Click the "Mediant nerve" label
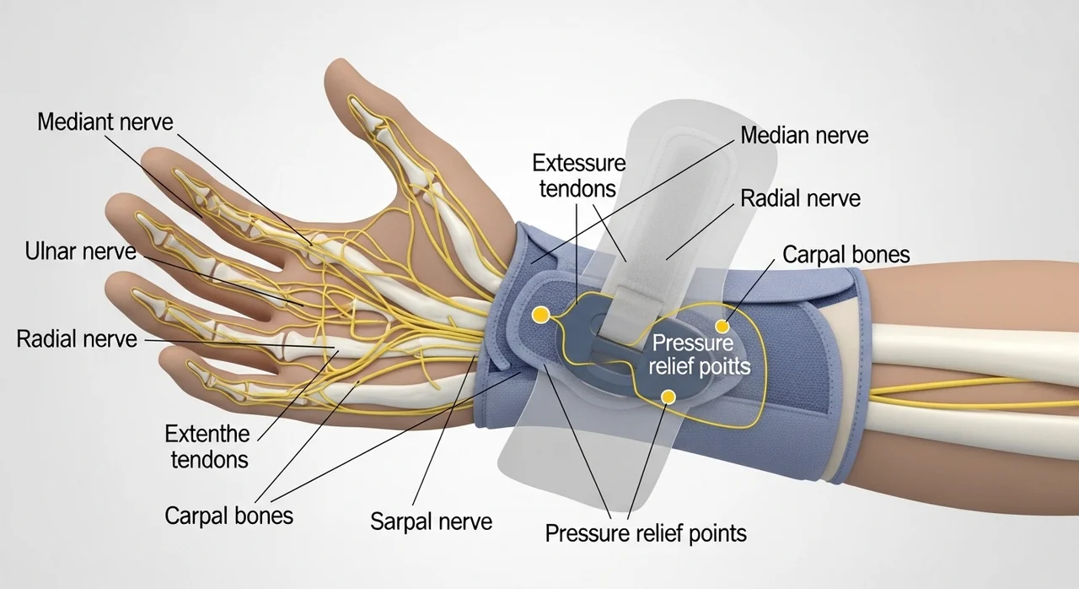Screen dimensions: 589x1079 click(x=105, y=122)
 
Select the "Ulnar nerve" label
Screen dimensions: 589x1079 click(x=81, y=251)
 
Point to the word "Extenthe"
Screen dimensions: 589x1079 click(x=207, y=435)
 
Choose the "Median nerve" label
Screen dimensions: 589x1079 click(x=804, y=134)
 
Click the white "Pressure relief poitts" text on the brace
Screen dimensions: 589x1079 click(x=701, y=355)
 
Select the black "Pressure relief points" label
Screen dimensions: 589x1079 click(x=646, y=533)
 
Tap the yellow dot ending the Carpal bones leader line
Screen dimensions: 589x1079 click(x=722, y=327)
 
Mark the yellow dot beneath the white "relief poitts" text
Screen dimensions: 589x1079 click(x=668, y=396)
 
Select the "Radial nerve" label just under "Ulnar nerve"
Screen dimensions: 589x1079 click(x=77, y=339)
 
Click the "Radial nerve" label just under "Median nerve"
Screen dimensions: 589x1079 click(x=800, y=198)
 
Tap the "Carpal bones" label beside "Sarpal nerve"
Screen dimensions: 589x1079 click(x=228, y=515)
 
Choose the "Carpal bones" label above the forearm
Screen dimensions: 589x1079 click(x=846, y=254)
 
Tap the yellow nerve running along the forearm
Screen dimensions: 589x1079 click(x=953, y=390)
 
